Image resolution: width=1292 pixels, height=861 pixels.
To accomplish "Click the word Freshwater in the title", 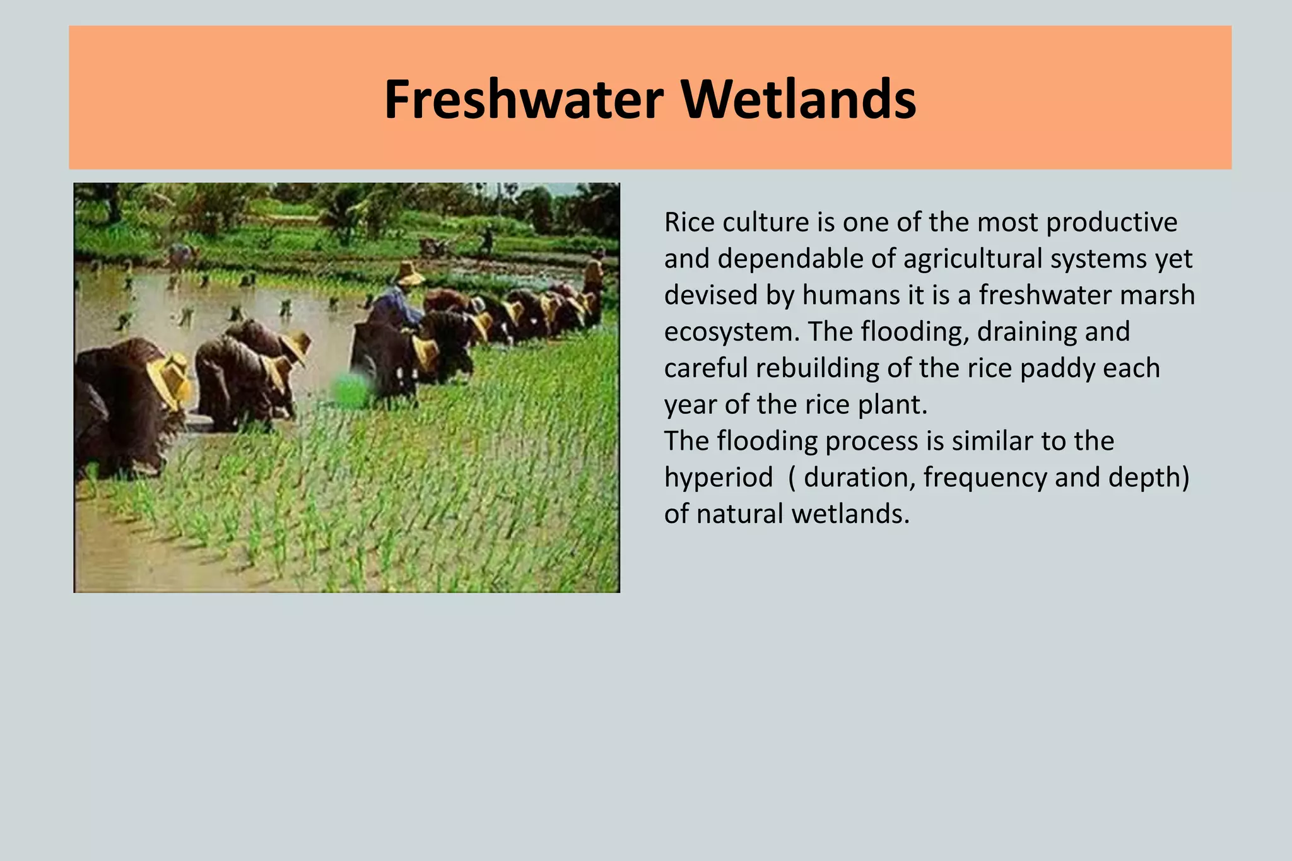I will click(524, 100).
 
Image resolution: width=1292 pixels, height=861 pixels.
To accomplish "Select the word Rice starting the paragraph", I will click(688, 223).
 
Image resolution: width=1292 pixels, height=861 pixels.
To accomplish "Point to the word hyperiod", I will click(718, 477).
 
